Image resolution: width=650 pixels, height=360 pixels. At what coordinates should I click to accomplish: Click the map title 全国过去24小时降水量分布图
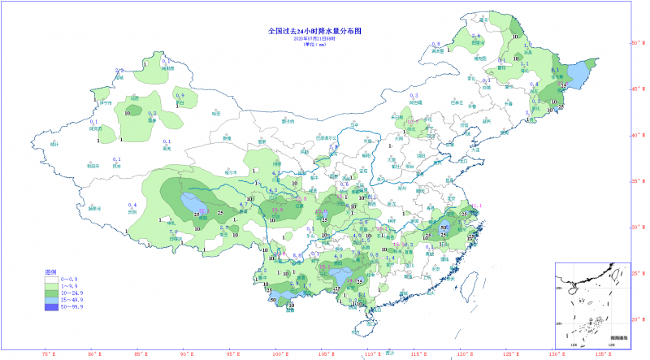tap(314, 31)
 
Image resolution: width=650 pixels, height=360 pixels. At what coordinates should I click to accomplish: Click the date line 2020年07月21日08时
tap(314, 38)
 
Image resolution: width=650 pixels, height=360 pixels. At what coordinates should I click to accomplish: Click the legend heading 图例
tap(50, 272)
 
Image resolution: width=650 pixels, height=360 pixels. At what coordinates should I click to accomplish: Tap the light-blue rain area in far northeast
tap(575, 76)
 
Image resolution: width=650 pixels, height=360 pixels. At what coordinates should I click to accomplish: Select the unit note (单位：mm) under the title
tap(314, 45)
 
